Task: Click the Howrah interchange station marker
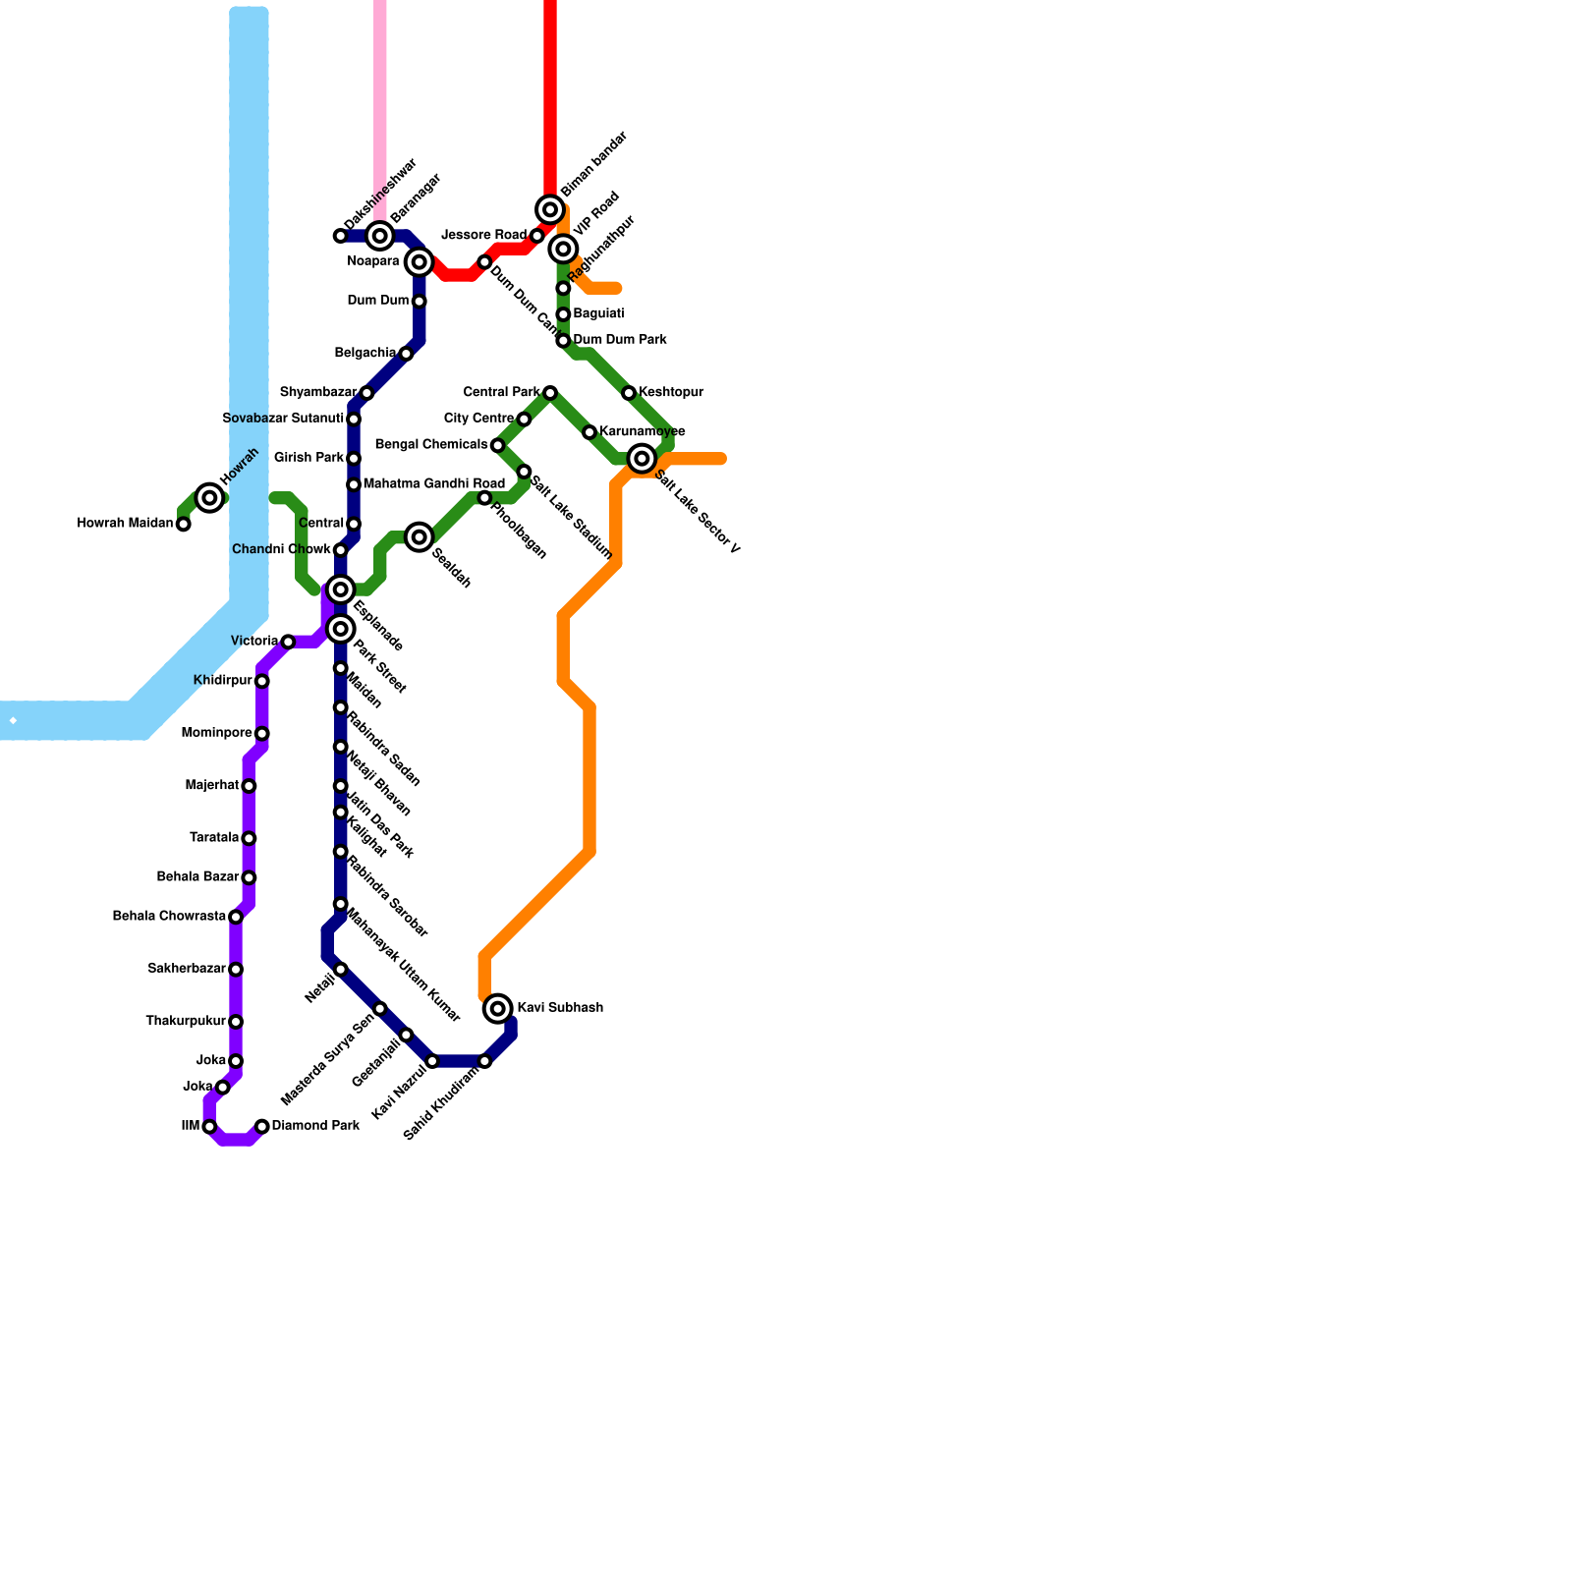(x=209, y=498)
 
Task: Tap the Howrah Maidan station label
(x=125, y=524)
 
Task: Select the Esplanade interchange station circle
(x=341, y=589)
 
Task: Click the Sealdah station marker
(x=420, y=536)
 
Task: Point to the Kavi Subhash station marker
(x=499, y=1008)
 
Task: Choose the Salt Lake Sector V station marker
(x=643, y=459)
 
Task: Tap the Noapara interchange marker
(x=420, y=261)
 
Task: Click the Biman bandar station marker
(x=551, y=209)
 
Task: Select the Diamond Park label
(x=315, y=1126)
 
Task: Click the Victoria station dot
(x=288, y=642)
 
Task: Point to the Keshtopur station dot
(x=629, y=393)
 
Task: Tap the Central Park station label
(x=501, y=393)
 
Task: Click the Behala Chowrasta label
(x=169, y=917)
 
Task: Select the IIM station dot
(x=209, y=1127)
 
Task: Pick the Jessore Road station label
(x=484, y=235)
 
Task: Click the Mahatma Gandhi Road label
(x=433, y=484)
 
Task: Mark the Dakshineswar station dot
(x=340, y=236)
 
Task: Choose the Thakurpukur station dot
(x=236, y=1022)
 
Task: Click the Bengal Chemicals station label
(x=431, y=445)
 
